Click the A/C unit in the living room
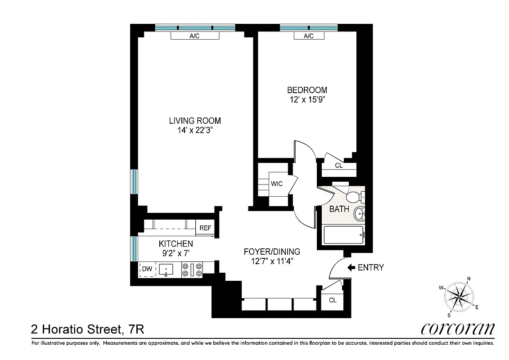[194, 36]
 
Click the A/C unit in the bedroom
[308, 36]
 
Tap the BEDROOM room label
[307, 90]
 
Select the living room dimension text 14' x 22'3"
[195, 130]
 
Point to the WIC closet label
[276, 184]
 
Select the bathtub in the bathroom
[344, 235]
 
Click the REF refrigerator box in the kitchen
[205, 228]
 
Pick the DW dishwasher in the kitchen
[147, 270]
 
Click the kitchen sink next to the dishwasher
[166, 270]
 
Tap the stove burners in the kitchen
[192, 270]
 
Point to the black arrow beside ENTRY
[351, 268]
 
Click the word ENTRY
[370, 268]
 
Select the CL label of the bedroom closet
[338, 166]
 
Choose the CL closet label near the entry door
[333, 300]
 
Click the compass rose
[459, 297]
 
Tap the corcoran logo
[457, 329]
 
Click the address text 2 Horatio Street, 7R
[87, 329]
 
